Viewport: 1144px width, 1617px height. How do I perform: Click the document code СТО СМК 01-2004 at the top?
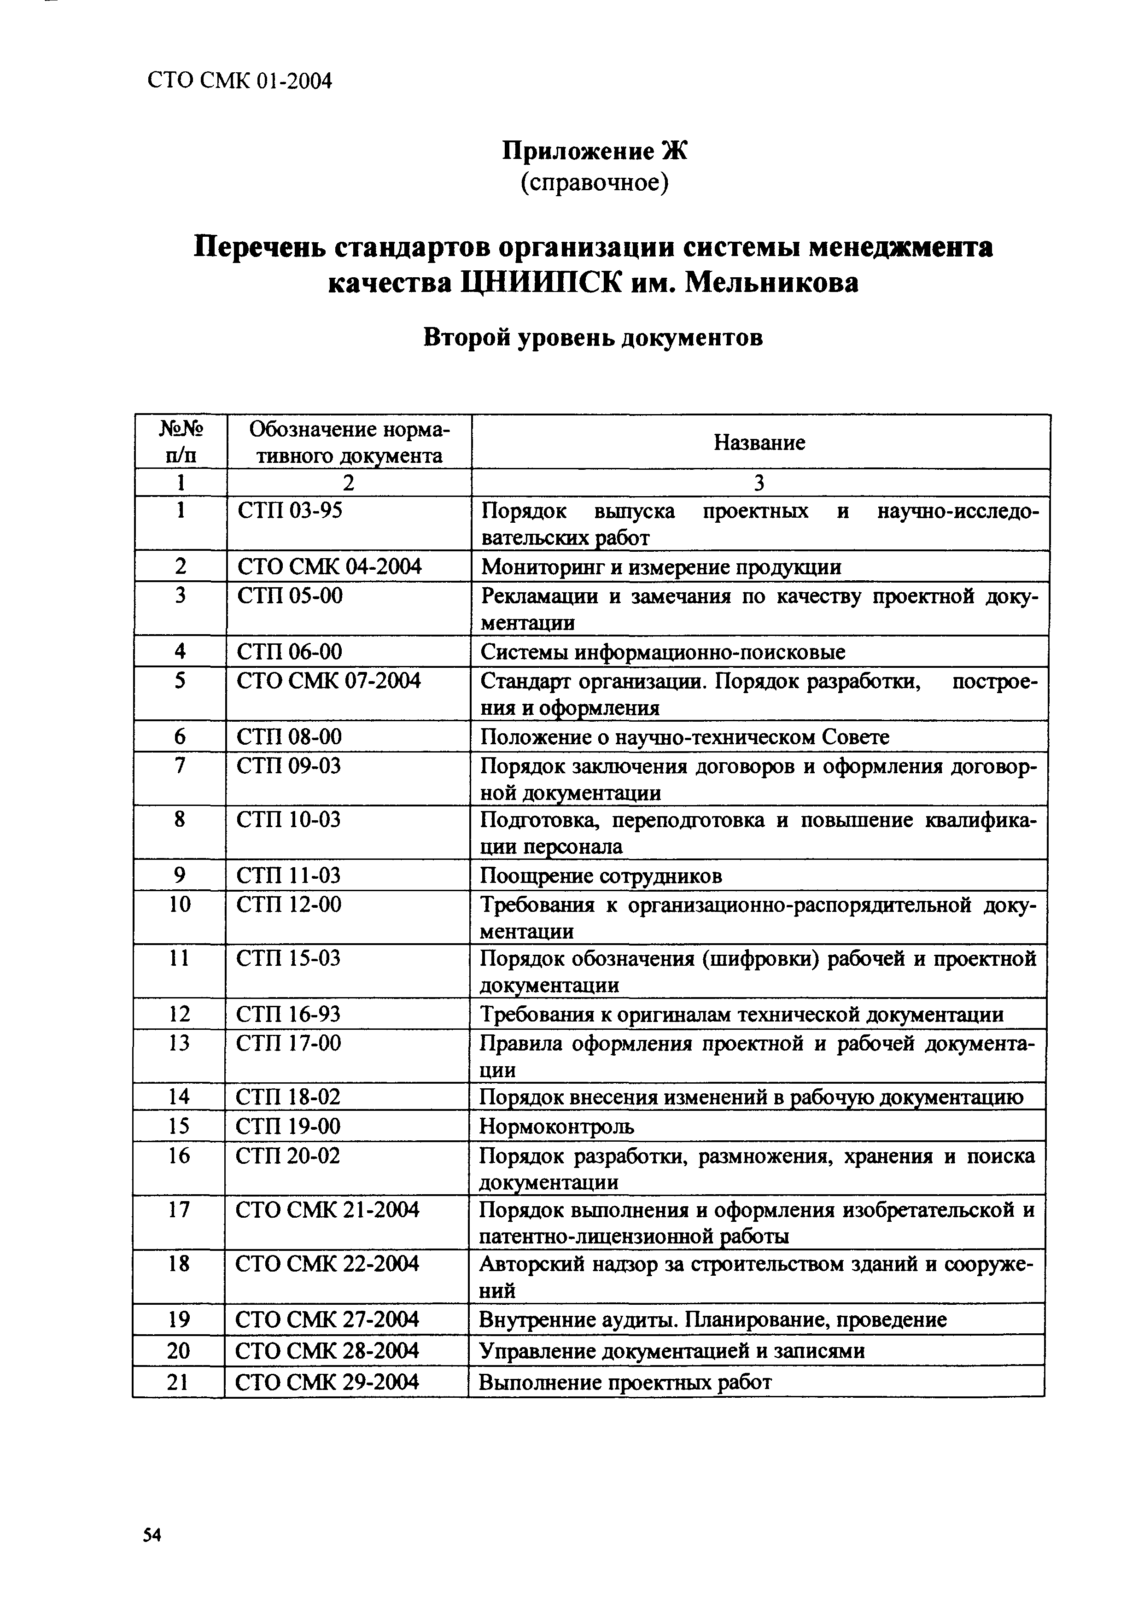coord(239,82)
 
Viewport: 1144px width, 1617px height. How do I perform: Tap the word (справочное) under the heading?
coord(594,183)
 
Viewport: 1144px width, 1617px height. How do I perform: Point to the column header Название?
coord(759,442)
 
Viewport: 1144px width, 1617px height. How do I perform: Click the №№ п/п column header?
coord(181,442)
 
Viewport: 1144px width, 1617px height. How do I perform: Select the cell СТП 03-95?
coord(290,510)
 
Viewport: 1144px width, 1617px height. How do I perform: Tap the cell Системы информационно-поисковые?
coord(663,652)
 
